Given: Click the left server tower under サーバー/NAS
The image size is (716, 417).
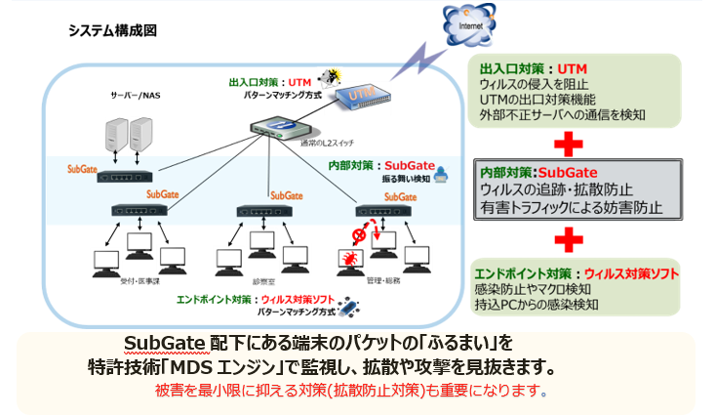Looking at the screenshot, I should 115,138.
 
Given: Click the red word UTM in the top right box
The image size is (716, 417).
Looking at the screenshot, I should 573,69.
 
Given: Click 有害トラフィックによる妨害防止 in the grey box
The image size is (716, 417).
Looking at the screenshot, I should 571,207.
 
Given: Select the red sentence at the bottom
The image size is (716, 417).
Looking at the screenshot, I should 352,392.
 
